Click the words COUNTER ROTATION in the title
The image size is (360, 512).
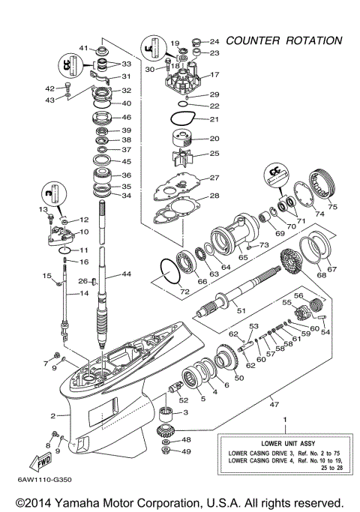284,40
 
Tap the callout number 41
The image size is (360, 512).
83,48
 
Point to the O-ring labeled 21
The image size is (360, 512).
181,119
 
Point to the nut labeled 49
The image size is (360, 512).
166,451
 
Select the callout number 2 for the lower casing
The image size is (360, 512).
53,415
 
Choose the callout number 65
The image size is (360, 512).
242,257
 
